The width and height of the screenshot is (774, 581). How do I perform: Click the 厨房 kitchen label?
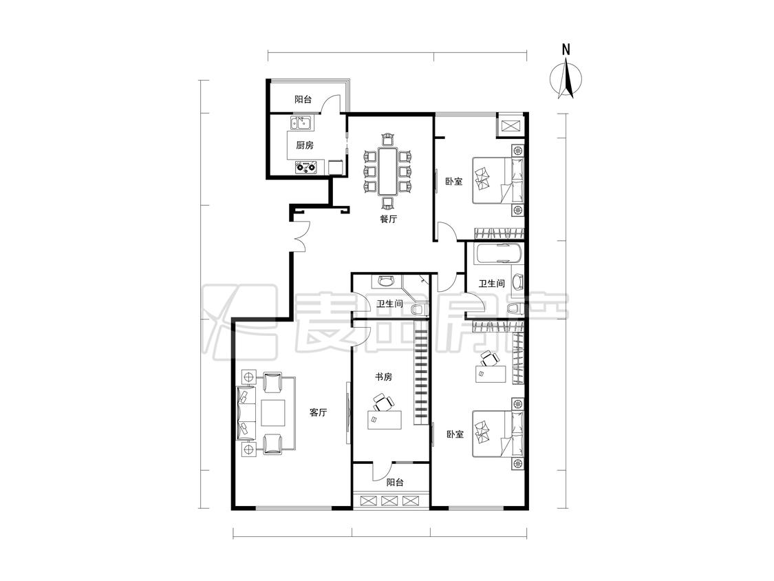click(x=305, y=145)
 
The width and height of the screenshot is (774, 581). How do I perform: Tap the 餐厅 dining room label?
click(x=389, y=219)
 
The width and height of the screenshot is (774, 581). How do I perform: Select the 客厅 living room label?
click(x=319, y=412)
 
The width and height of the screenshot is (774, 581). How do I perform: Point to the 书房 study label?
click(x=383, y=377)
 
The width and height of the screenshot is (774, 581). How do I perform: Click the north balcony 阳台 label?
click(x=303, y=99)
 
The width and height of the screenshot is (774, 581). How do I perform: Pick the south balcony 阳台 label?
click(x=395, y=482)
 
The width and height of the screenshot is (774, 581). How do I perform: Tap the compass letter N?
click(x=566, y=50)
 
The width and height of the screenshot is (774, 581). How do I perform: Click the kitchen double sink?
click(x=301, y=123)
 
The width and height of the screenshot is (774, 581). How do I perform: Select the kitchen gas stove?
click(x=306, y=167)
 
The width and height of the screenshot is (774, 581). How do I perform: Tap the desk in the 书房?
click(x=385, y=420)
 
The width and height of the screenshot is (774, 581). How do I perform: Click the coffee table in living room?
click(x=273, y=412)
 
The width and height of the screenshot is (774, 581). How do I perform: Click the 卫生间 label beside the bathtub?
click(x=492, y=284)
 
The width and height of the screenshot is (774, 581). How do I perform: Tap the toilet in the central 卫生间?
click(x=420, y=310)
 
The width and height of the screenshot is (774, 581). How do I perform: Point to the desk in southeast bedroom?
click(x=491, y=374)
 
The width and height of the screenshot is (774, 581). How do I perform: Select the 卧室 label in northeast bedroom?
click(x=453, y=181)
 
